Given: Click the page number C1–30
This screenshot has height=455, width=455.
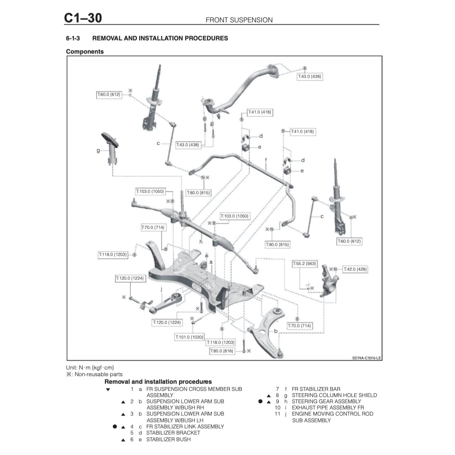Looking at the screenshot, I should [x=83, y=18].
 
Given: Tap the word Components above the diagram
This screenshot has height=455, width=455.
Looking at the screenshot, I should [x=85, y=51].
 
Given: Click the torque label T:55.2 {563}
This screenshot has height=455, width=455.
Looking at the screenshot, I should [x=304, y=263].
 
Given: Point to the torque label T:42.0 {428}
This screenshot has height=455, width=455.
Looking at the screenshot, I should [x=355, y=269].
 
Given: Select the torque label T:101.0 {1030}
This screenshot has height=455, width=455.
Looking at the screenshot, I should [x=190, y=337].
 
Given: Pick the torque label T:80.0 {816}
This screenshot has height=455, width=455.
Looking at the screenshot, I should [x=222, y=351].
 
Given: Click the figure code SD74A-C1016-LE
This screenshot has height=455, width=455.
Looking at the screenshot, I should [x=366, y=358].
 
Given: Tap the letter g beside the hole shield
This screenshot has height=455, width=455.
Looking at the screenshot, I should [x=98, y=151].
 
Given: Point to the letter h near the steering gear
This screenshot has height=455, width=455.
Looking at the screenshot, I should [x=201, y=242].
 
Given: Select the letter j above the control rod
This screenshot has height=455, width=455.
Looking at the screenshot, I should [x=161, y=288].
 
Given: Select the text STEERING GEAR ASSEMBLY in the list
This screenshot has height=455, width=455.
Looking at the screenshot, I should [x=326, y=401].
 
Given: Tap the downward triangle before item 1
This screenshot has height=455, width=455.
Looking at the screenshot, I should [x=108, y=389].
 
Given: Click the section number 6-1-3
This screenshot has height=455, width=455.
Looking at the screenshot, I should [x=75, y=38].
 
